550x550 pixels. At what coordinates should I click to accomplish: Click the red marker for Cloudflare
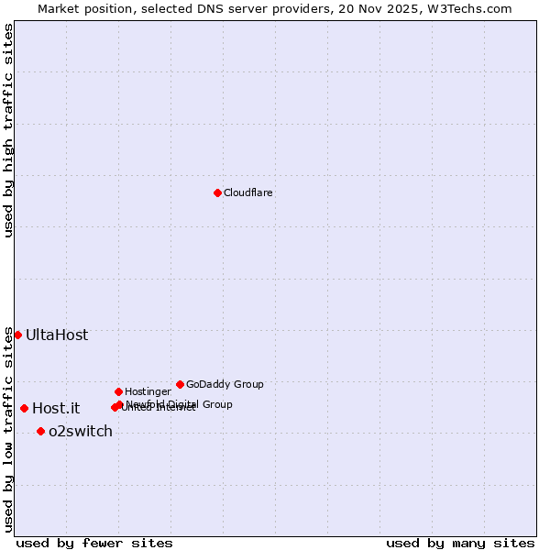point(217,192)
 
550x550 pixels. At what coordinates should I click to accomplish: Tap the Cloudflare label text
point(248,192)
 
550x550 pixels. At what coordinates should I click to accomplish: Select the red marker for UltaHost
point(17,335)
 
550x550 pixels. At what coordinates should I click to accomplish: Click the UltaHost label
point(57,335)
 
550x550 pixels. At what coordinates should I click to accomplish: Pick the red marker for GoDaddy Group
point(180,384)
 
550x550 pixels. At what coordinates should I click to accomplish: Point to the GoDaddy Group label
point(225,384)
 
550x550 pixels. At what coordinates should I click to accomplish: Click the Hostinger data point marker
point(118,391)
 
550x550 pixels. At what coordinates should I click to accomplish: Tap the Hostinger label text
point(148,391)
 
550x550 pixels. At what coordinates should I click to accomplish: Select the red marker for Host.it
point(24,408)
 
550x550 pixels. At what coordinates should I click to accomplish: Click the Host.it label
point(56,408)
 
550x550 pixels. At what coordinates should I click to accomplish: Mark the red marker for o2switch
point(40,431)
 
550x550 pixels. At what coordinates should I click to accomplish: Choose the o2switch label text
point(81,431)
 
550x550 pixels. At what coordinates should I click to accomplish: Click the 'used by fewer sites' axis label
point(94,543)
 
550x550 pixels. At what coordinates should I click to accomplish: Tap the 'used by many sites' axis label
point(460,543)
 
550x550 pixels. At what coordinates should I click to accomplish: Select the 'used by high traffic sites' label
point(8,130)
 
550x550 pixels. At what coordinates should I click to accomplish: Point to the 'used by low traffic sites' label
point(8,429)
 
